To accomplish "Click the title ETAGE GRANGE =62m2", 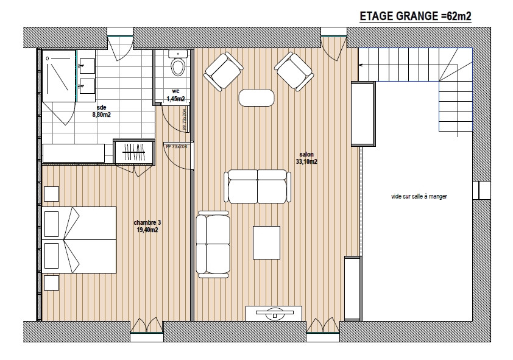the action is (x=416, y=16).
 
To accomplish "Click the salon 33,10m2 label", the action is (x=306, y=158).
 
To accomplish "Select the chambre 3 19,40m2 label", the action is (x=147, y=226).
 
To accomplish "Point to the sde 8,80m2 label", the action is (x=101, y=111).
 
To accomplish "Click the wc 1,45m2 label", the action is (x=175, y=95).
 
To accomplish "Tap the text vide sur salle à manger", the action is (x=419, y=197).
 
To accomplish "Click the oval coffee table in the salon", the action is (x=256, y=97).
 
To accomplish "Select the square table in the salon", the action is (x=266, y=242).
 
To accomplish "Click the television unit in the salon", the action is (x=274, y=314).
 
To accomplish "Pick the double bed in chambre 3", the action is (x=79, y=239).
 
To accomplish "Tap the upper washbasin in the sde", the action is (x=87, y=66).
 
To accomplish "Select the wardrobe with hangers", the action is (x=133, y=152).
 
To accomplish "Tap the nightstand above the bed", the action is (x=51, y=194).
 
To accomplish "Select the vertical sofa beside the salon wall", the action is (x=213, y=244).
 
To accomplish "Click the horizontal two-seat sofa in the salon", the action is (x=258, y=186).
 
